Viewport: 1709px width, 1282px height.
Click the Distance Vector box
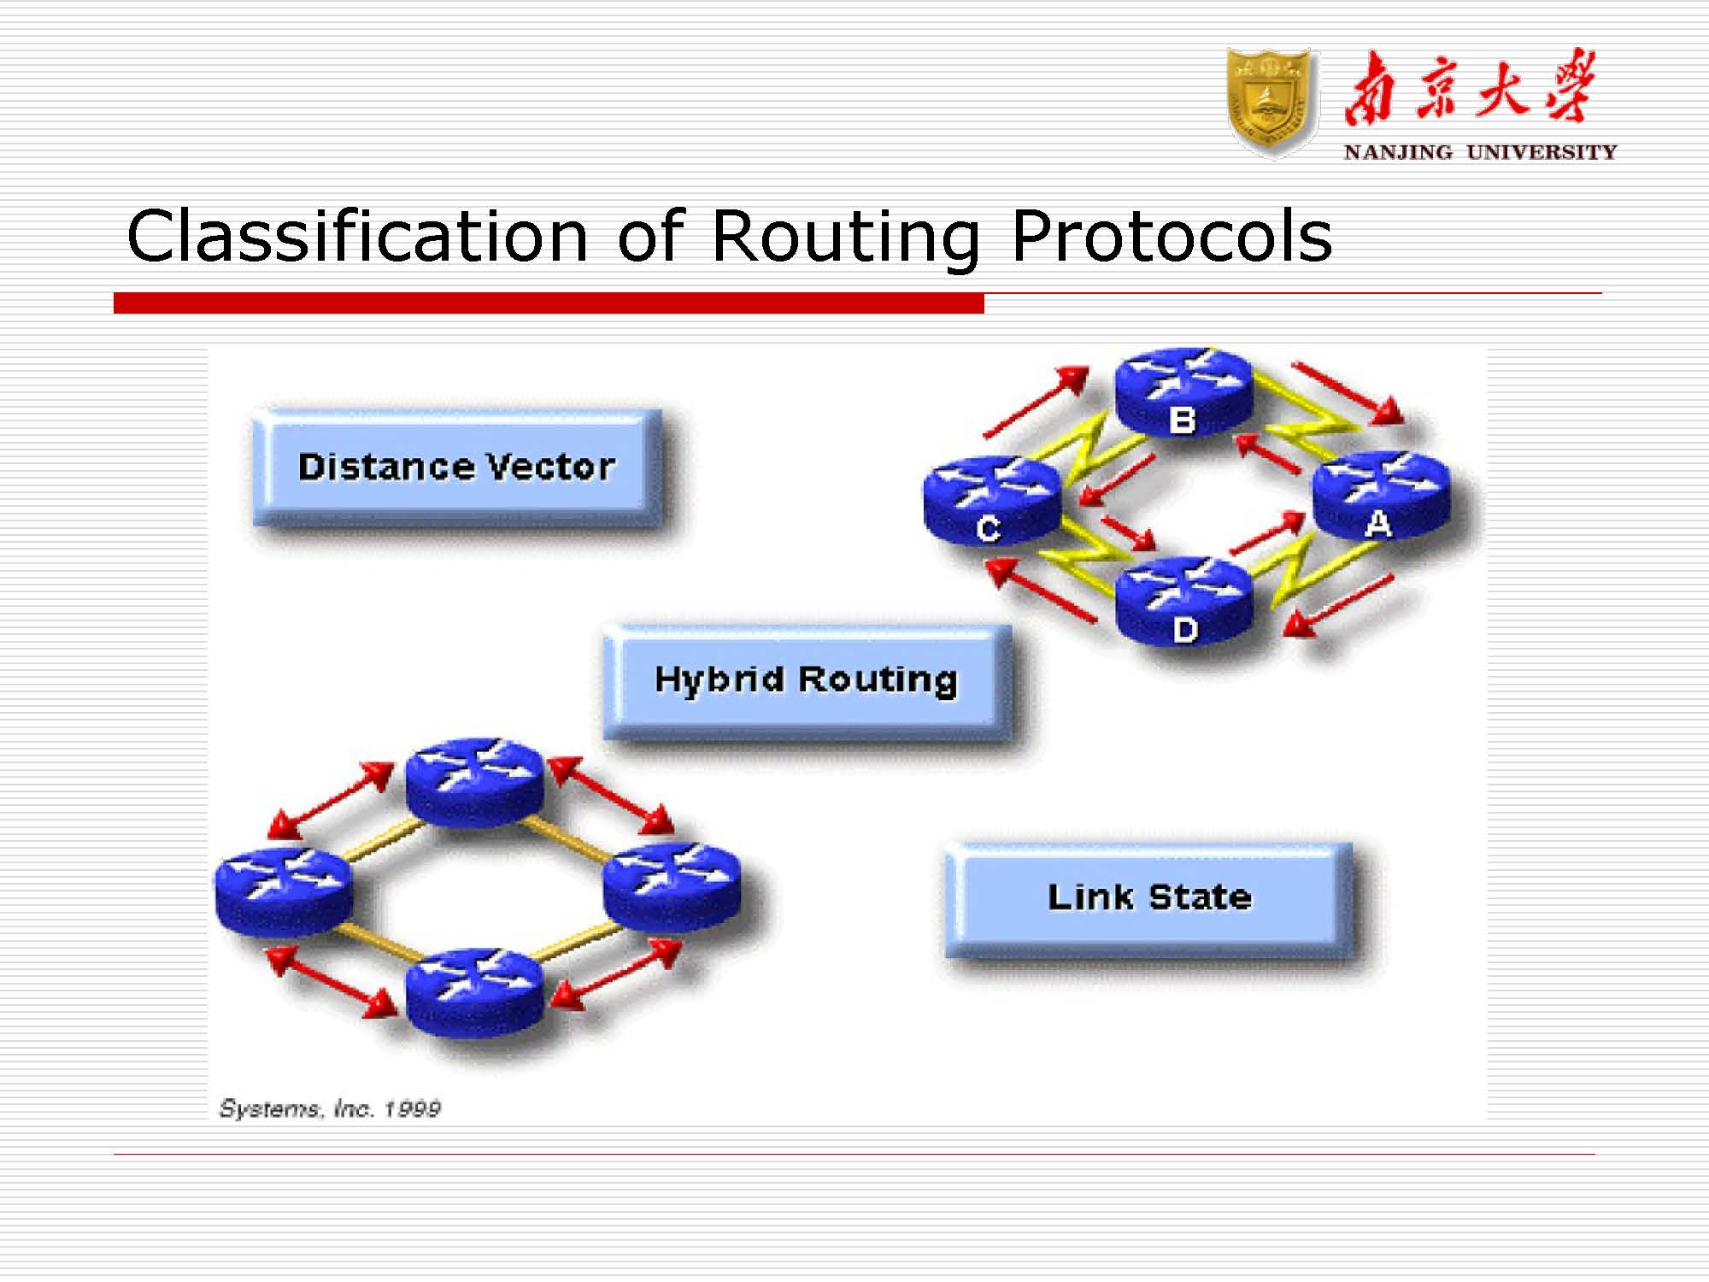tap(457, 468)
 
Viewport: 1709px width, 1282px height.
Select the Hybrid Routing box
tap(807, 680)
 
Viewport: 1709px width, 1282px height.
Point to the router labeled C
tap(991, 500)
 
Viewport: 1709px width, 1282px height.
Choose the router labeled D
tap(1183, 601)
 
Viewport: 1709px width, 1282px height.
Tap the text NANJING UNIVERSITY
tap(1480, 153)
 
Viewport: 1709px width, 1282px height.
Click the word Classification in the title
tap(357, 237)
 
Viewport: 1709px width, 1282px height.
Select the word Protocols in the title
tap(1171, 237)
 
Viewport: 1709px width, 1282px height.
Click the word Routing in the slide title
tap(845, 237)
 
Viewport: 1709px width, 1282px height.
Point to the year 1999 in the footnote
tap(412, 1109)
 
